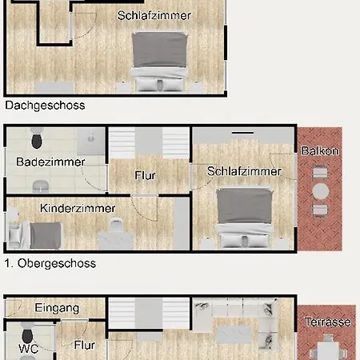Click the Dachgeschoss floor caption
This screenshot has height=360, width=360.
[x=45, y=106]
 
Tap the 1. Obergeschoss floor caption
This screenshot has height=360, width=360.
[x=50, y=263]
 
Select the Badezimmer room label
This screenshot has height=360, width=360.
[x=50, y=162]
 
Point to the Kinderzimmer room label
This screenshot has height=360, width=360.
[x=78, y=208]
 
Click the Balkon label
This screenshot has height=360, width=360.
[x=320, y=151]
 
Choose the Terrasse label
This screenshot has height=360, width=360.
[x=328, y=322]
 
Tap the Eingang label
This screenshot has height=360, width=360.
[x=57, y=308]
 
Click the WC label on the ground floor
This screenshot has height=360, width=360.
[x=29, y=349]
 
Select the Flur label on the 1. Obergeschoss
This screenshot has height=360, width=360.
[x=145, y=175]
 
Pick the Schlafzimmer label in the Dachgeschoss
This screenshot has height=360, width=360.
[x=154, y=15]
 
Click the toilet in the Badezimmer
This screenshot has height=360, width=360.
[x=37, y=138]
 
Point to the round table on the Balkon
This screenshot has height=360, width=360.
[x=320, y=191]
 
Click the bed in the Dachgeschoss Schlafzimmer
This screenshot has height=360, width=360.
[x=160, y=62]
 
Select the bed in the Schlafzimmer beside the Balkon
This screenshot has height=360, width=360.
[x=245, y=218]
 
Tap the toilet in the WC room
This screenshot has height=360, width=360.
[x=28, y=335]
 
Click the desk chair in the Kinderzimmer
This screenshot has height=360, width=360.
[x=117, y=225]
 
